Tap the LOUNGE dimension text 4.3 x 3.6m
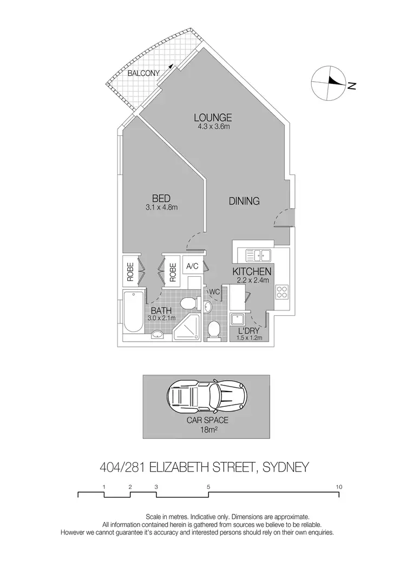coord(214,127)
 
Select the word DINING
coord(244,201)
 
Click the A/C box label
coord(192,266)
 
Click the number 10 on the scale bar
coord(339,487)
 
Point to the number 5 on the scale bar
coord(208,487)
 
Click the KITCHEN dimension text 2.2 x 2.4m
coord(252,281)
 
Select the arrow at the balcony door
coord(172,65)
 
